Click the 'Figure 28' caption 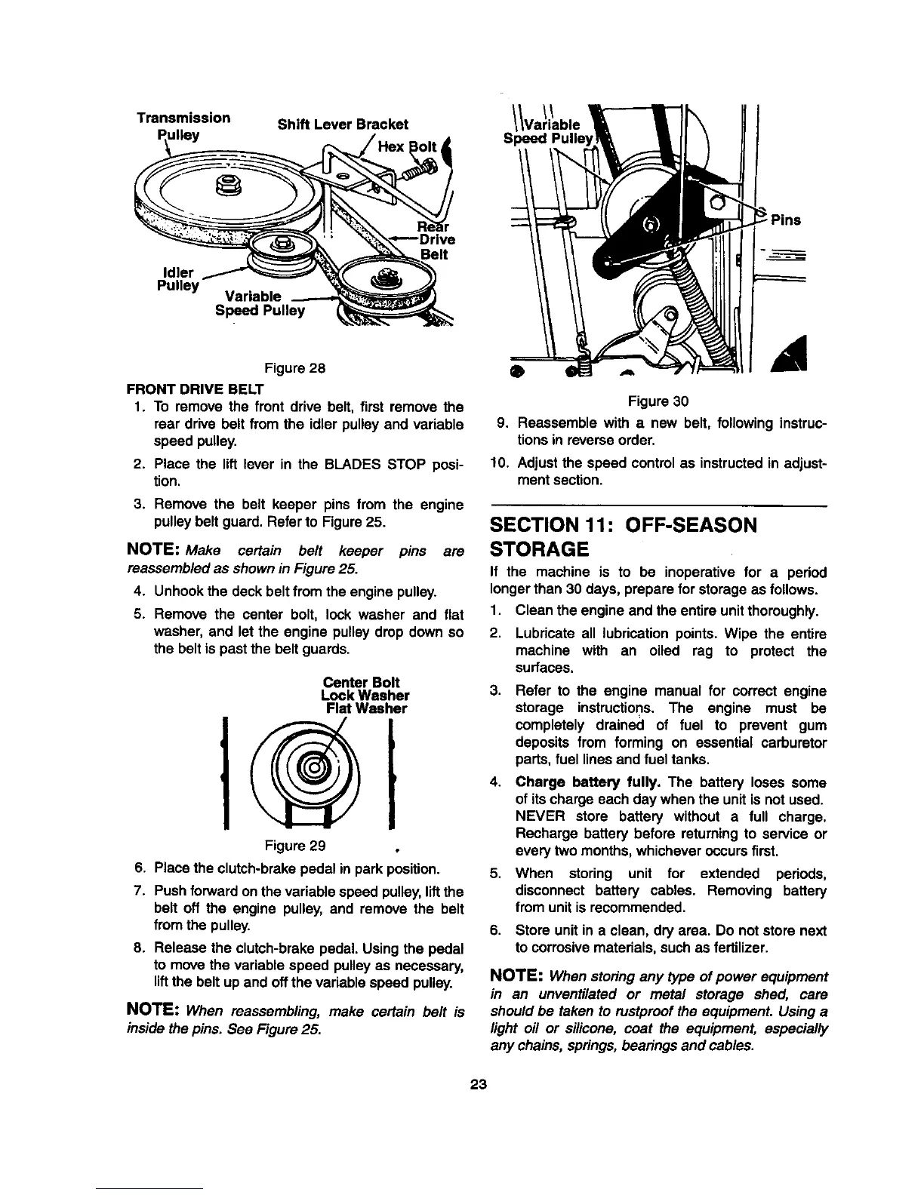[294, 369]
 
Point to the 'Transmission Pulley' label [183, 126]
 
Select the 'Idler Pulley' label [177, 278]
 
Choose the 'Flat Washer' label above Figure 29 [366, 709]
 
